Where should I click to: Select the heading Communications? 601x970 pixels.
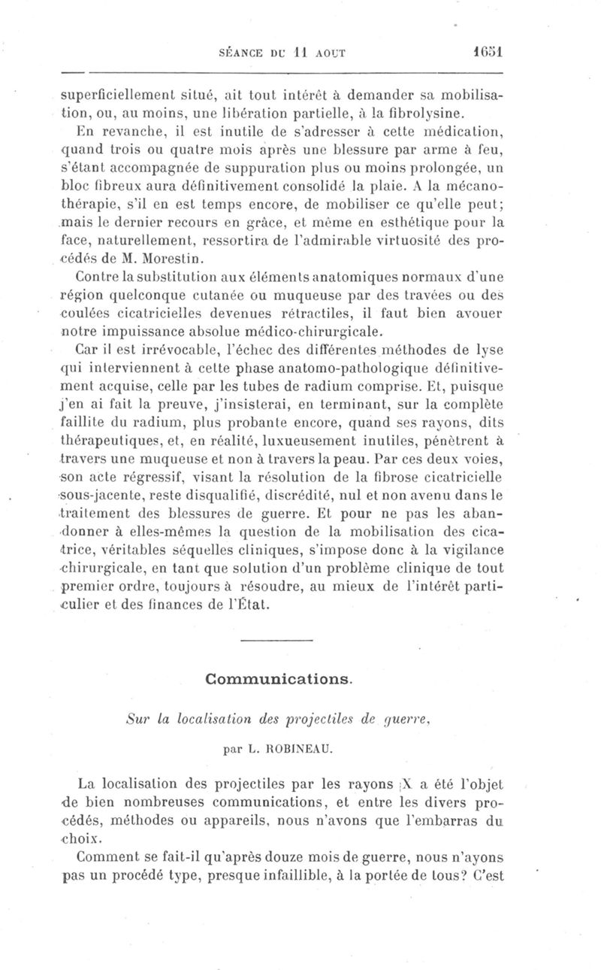click(278, 679)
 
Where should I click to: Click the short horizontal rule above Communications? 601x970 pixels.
click(277, 641)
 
